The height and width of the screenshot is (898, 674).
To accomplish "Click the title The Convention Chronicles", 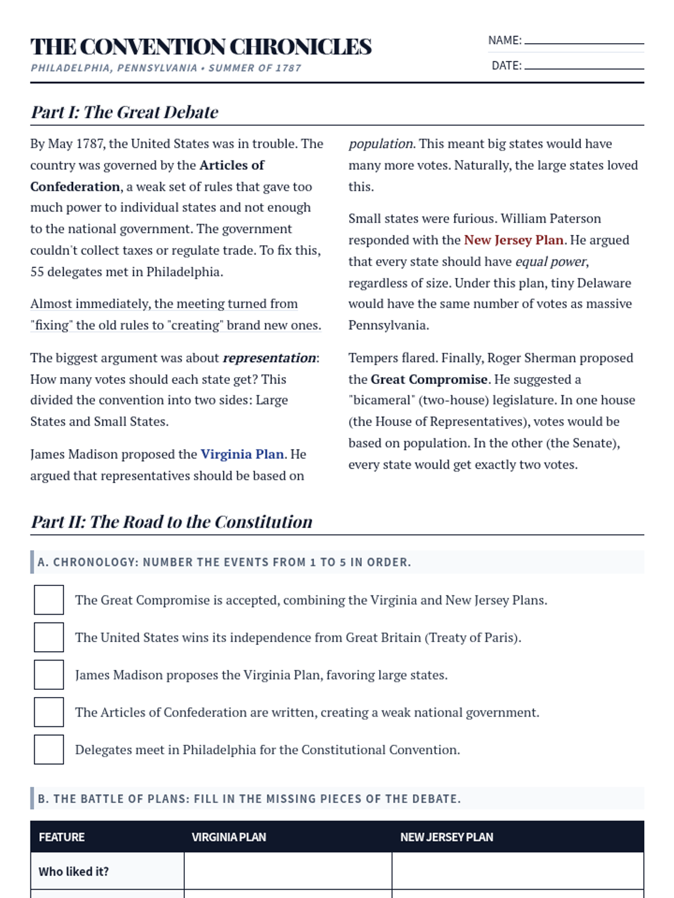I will tap(201, 47).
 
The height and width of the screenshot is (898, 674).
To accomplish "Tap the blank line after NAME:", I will tap(584, 42).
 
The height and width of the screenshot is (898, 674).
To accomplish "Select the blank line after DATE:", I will tap(584, 67).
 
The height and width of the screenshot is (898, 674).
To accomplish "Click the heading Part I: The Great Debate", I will tap(124, 112).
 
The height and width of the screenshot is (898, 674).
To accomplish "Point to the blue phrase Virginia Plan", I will tap(242, 454).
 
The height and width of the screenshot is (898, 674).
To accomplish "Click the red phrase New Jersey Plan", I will tap(513, 240).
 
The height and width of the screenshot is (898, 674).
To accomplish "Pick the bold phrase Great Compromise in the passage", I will tap(429, 379).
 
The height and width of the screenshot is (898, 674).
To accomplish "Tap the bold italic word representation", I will tap(269, 358).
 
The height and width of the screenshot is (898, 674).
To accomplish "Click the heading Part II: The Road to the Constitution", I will tap(171, 522).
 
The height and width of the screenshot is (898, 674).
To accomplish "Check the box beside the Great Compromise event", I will tap(49, 600).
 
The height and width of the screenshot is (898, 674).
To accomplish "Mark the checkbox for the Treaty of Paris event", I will tap(49, 637).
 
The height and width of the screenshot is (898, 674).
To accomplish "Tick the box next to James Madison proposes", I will tap(49, 675).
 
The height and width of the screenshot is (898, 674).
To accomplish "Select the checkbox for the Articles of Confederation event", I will tap(49, 712).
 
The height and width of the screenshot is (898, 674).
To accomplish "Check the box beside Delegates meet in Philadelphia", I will tap(49, 750).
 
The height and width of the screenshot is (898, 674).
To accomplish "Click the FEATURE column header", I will tap(62, 837).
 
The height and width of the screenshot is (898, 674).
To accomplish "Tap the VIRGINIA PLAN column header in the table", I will tap(229, 837).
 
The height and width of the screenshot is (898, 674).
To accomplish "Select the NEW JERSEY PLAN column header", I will tap(447, 837).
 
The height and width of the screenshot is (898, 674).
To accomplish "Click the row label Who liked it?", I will tap(74, 872).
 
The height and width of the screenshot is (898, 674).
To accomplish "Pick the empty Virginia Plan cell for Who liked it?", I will tap(288, 872).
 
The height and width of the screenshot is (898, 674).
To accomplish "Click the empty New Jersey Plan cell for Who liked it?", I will tap(517, 872).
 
